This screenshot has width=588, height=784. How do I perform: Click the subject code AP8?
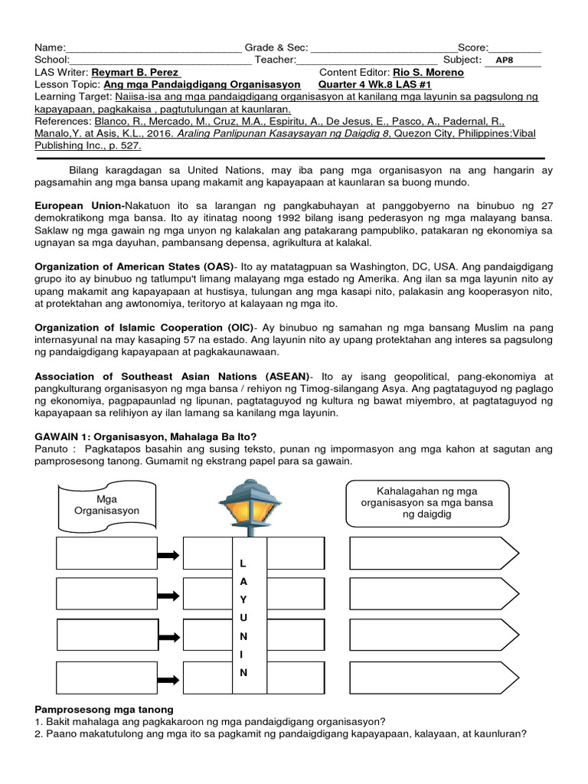[x=505, y=60]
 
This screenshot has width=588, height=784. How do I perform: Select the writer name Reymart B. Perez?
[x=135, y=73]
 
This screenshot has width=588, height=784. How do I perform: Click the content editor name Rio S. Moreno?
[x=428, y=73]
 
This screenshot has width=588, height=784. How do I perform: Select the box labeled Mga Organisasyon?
[x=107, y=505]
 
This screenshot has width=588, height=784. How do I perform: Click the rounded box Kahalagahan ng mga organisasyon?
[x=426, y=502]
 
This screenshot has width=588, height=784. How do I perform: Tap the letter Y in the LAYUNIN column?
[x=243, y=599]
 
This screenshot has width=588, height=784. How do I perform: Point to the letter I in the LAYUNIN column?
[x=243, y=654]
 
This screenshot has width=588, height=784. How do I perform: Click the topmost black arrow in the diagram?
[x=168, y=555]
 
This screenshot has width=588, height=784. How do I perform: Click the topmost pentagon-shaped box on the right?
[x=433, y=554]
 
